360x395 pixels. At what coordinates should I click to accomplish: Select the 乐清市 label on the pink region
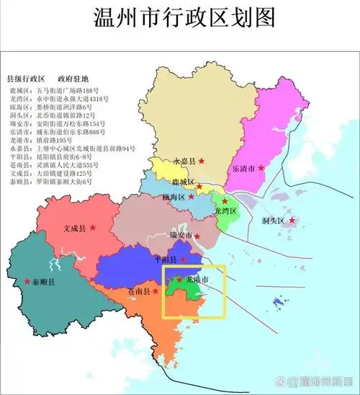coord(244,168)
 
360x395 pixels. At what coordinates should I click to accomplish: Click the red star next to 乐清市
coord(261,168)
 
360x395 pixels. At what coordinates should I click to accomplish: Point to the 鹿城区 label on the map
coord(184,182)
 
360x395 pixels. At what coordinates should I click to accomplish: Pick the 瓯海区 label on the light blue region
coord(174,197)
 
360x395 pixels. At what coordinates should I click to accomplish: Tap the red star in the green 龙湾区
coord(225,202)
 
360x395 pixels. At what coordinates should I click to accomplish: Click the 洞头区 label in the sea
coord(274,220)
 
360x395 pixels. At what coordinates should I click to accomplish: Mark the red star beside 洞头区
coord(292,221)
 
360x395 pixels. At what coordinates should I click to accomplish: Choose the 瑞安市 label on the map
coord(180,236)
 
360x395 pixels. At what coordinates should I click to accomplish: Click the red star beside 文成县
coord(92,228)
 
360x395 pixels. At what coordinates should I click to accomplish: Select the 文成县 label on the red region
coord(74,228)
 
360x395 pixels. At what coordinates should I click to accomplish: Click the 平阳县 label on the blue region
coord(166,259)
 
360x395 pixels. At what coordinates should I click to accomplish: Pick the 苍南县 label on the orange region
coord(138,292)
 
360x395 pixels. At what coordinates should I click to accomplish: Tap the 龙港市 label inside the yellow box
coord(197,279)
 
